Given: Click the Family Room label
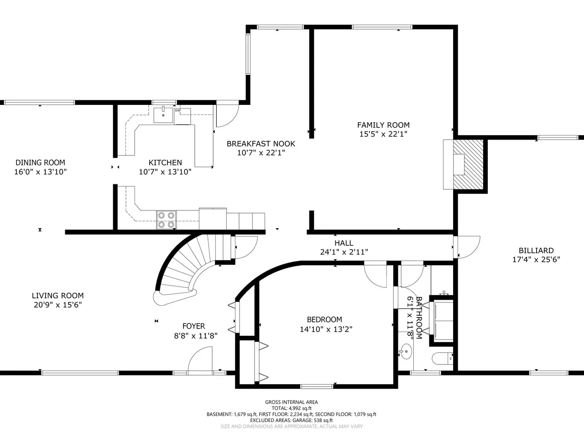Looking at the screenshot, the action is [383, 125].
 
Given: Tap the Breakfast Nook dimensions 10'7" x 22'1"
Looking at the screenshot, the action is [261, 153].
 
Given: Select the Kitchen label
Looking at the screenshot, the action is [165, 162].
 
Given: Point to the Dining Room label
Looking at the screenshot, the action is [40, 162].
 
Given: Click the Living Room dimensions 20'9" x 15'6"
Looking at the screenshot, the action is [58, 305].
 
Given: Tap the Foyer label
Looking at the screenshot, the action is [194, 326].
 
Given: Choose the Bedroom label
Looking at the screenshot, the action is [324, 319].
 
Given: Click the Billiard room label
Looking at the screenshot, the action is [536, 250].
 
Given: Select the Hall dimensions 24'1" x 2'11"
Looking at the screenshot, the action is [344, 252].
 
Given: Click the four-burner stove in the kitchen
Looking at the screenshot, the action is [166, 219].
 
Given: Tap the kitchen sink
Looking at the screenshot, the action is [163, 115].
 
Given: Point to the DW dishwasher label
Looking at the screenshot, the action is [177, 110].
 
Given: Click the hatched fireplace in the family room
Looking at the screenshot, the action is [468, 165].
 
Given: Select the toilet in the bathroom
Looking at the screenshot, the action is [442, 359].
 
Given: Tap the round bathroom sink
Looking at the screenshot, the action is [406, 351].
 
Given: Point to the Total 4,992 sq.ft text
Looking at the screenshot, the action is [292, 408].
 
